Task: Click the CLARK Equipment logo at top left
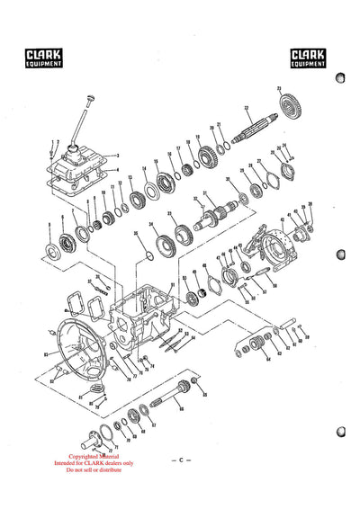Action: pos(43,59)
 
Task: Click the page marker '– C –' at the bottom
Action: pos(180,459)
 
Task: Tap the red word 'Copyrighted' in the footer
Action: pos(80,455)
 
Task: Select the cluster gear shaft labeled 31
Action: pos(216,216)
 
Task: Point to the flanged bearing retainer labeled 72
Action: pos(93,442)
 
